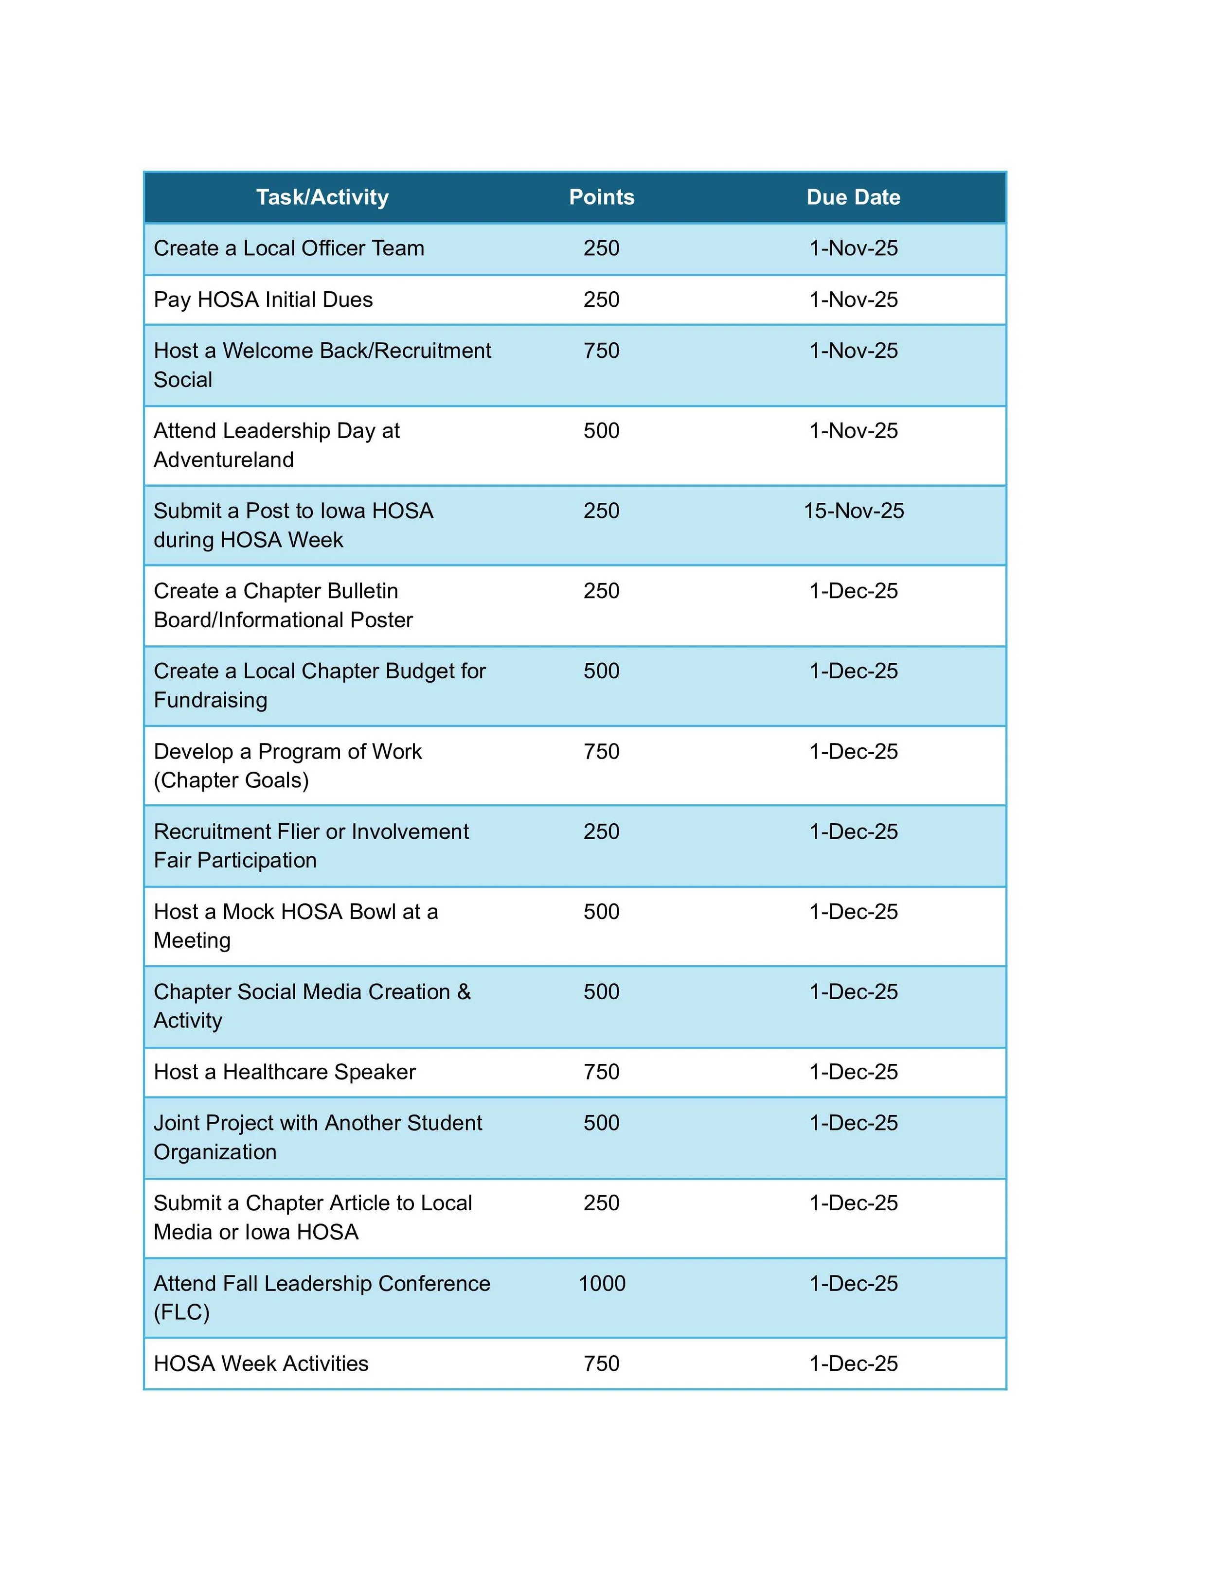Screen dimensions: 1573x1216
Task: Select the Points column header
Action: (x=602, y=197)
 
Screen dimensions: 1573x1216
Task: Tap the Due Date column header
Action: (x=853, y=197)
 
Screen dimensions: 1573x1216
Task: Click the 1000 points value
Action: (x=602, y=1283)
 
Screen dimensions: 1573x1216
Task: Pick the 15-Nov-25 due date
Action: (x=854, y=511)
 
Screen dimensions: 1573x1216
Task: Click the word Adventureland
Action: (x=223, y=460)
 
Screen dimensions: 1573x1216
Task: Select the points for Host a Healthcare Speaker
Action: (x=602, y=1072)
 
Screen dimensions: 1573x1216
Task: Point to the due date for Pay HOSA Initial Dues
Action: (x=854, y=300)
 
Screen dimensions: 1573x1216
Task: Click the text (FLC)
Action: (x=181, y=1311)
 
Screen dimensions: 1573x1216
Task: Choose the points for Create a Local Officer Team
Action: (x=602, y=248)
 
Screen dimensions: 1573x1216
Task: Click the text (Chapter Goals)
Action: (x=231, y=780)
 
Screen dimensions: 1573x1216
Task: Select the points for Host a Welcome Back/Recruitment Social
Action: (x=602, y=351)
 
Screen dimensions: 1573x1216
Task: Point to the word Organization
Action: (x=215, y=1151)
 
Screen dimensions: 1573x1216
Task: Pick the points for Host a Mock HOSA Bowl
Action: (x=602, y=912)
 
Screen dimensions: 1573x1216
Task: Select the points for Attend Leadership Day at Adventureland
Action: (x=602, y=431)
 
